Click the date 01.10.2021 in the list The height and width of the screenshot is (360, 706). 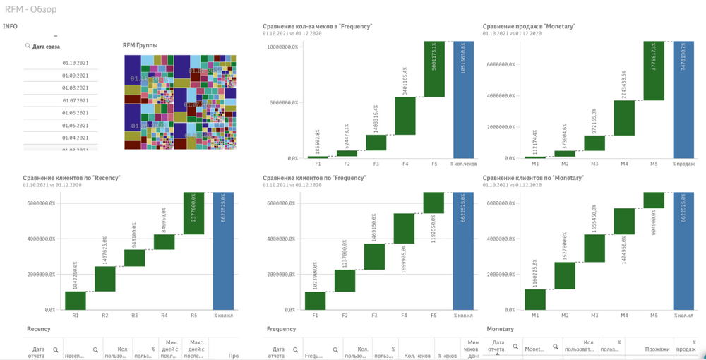[x=75, y=63]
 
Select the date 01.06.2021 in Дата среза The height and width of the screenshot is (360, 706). [x=75, y=113]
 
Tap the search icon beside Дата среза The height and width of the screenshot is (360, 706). [x=28, y=47]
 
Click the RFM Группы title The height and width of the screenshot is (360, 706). [x=140, y=46]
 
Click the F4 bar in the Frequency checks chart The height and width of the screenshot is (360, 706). [x=405, y=116]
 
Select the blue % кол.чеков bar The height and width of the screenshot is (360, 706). [x=464, y=99]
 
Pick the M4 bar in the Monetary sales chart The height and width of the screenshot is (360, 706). [x=624, y=118]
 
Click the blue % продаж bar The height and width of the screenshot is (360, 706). [x=683, y=99]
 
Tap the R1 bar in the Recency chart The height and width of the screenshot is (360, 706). [x=76, y=300]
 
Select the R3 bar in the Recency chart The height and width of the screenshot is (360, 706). [x=135, y=258]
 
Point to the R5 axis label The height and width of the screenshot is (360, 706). [x=195, y=316]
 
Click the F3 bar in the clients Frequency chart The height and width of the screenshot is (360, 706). [x=375, y=257]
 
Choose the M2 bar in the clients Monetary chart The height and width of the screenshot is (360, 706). [x=565, y=275]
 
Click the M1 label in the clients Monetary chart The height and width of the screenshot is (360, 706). [x=535, y=316]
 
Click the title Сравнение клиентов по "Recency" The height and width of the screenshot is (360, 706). [x=71, y=178]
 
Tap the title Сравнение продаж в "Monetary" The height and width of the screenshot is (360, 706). [x=529, y=27]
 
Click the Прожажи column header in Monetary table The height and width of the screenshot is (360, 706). [x=657, y=349]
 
